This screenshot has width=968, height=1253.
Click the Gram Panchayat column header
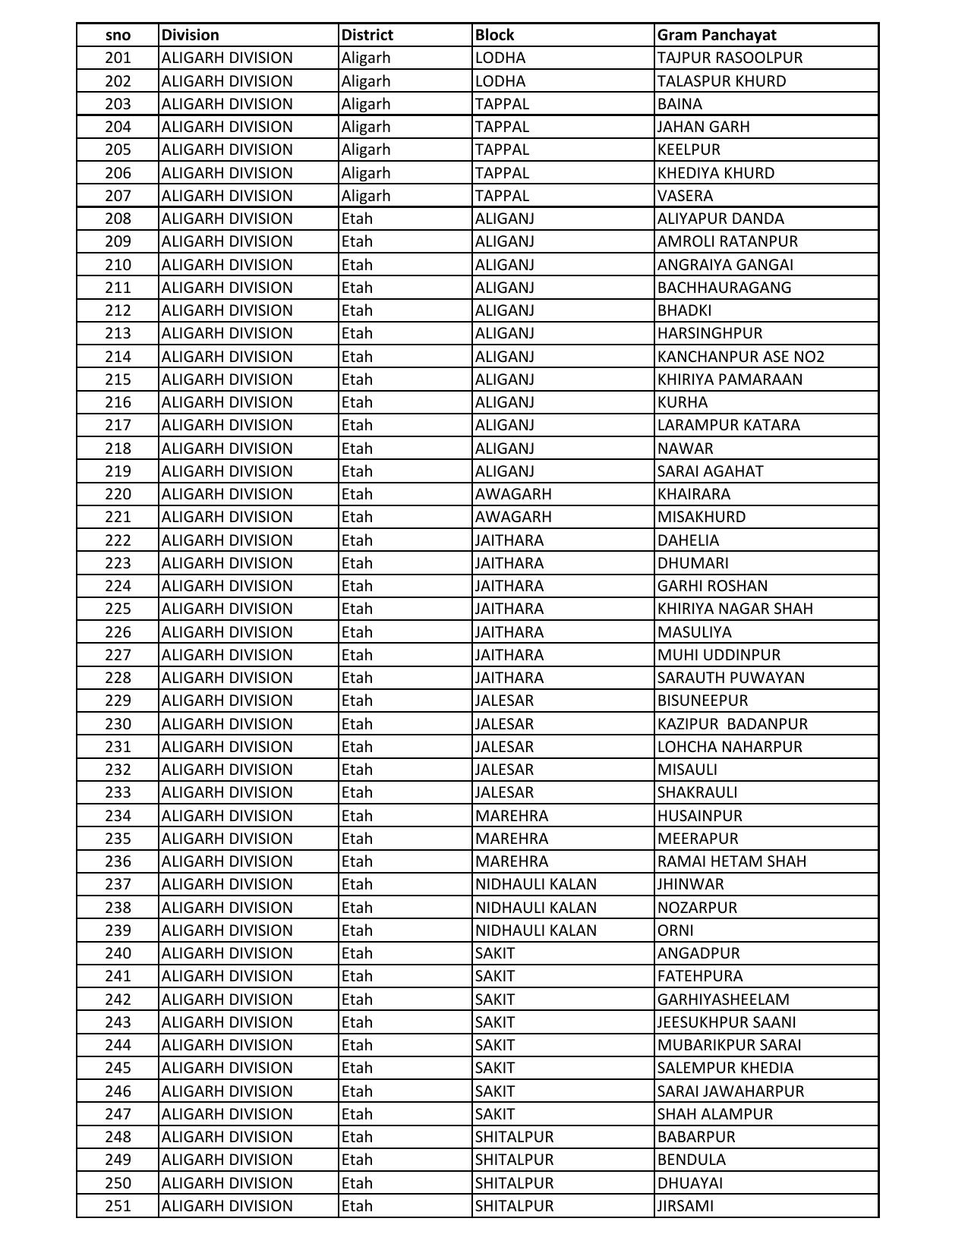(x=717, y=35)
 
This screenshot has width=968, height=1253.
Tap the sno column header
(x=118, y=35)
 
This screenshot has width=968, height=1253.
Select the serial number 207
(x=118, y=196)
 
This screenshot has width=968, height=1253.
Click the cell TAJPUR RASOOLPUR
(x=730, y=58)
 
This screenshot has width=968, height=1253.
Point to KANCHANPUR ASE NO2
(x=740, y=357)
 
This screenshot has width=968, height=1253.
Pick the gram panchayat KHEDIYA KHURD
(x=715, y=173)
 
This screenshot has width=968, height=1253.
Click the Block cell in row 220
(x=513, y=494)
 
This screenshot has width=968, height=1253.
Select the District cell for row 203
(x=366, y=104)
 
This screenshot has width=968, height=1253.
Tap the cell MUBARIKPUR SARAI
(x=729, y=1045)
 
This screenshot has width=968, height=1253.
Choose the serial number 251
(x=118, y=1206)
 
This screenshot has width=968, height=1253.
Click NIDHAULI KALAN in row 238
(x=536, y=908)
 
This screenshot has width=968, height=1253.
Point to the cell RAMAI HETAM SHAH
(x=731, y=861)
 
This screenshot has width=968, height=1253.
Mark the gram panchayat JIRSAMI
(x=685, y=1206)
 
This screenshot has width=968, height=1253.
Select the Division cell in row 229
(x=227, y=700)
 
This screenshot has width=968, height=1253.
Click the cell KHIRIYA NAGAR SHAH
(x=735, y=609)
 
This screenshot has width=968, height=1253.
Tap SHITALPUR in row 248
(x=514, y=1137)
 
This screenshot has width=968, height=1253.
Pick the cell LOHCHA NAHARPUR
(x=730, y=747)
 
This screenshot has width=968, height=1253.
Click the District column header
(x=367, y=35)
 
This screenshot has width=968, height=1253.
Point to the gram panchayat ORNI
(x=675, y=930)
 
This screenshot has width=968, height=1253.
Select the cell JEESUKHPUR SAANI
(x=727, y=1022)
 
